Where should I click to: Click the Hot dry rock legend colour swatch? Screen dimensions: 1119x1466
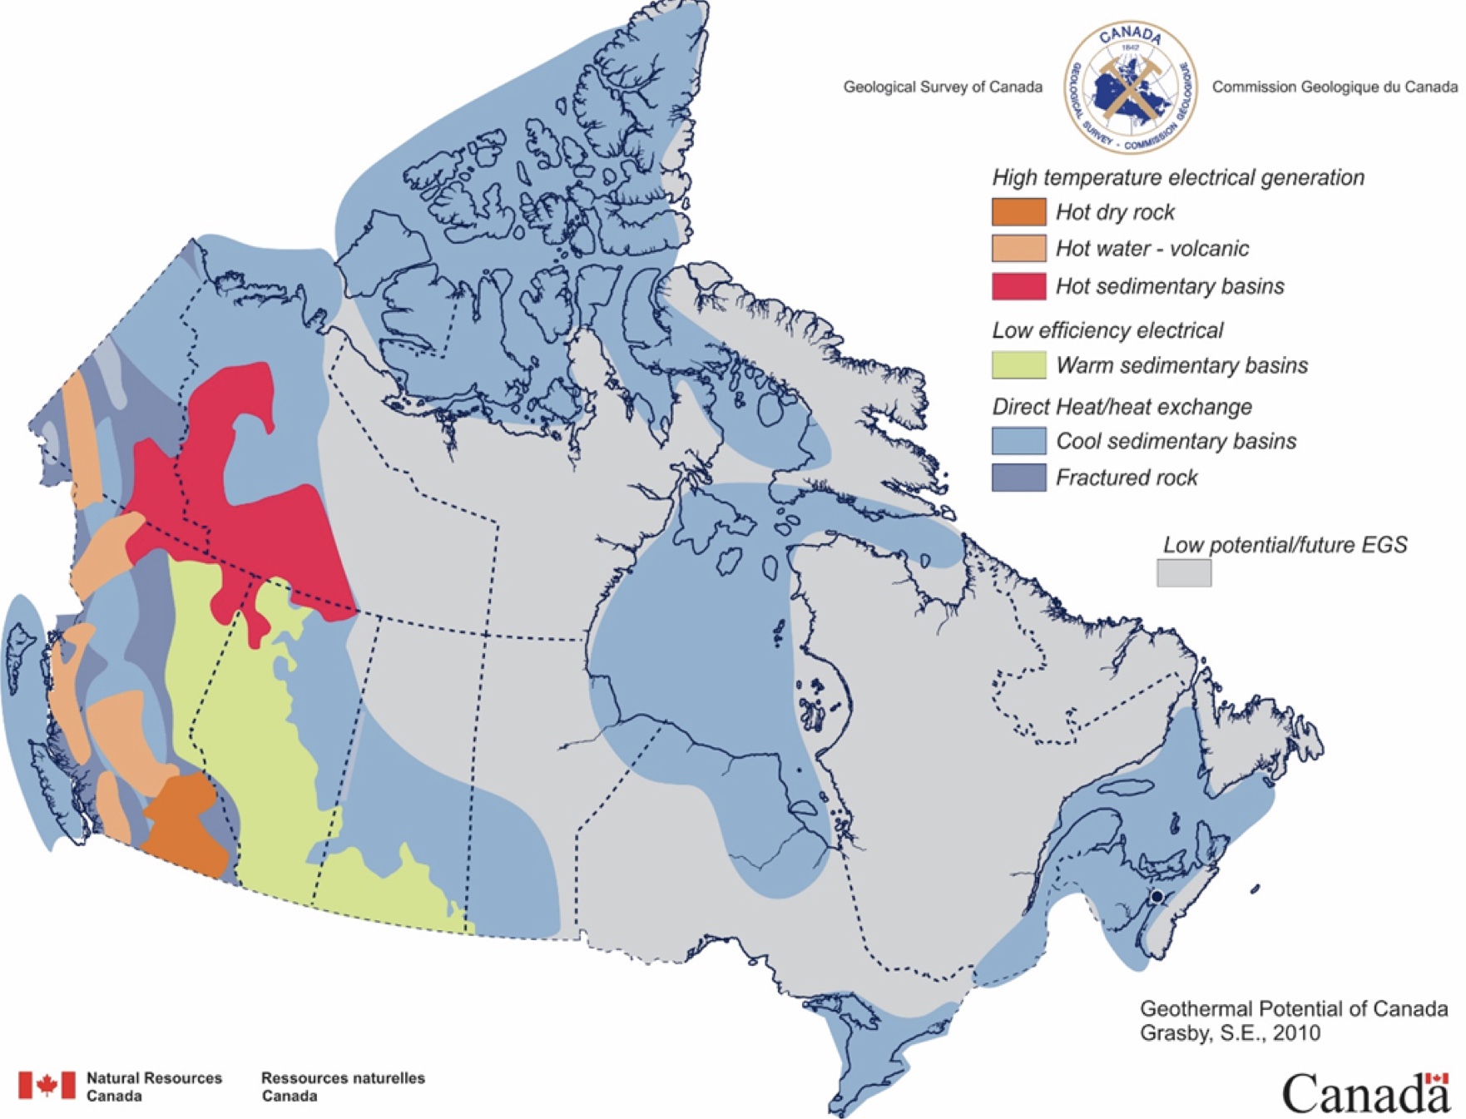[x=1018, y=212]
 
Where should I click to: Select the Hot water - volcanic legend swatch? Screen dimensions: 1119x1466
[x=1018, y=249]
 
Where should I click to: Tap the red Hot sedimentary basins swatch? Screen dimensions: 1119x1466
[x=1018, y=286]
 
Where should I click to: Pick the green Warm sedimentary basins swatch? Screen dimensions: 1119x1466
[x=1018, y=365]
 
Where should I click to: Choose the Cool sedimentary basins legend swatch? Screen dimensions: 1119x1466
[x=1018, y=441]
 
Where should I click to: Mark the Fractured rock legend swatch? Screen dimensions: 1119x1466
[x=1018, y=478]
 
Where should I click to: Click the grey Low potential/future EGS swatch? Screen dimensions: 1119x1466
[x=1183, y=573]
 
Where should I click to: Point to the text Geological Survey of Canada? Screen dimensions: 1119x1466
[x=942, y=87]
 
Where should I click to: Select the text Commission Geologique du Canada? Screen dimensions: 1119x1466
[x=1334, y=87]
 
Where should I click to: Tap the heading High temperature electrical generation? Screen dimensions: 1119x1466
[x=1177, y=177]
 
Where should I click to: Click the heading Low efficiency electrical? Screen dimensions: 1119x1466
[x=1107, y=330]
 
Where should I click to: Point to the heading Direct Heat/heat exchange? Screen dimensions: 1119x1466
[x=1122, y=407]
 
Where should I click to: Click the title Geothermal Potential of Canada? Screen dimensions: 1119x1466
[x=1293, y=1009]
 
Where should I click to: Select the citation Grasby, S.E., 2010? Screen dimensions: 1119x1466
[x=1230, y=1033]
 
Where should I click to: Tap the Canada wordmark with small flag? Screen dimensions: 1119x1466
[x=1364, y=1093]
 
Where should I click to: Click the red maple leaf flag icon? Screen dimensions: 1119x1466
[x=47, y=1085]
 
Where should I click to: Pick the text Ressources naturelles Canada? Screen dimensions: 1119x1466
[x=342, y=1087]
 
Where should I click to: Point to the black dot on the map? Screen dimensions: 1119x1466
[x=1156, y=896]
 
